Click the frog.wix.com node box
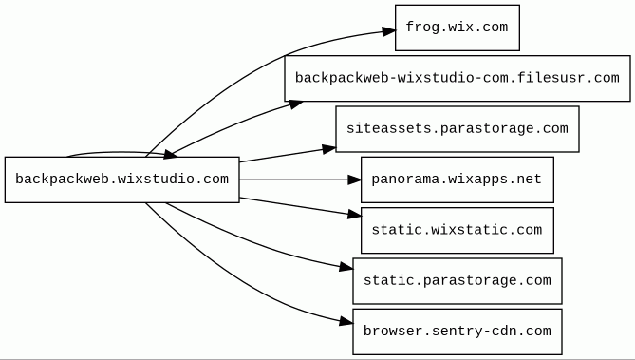(x=458, y=28)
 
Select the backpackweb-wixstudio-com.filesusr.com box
(x=458, y=78)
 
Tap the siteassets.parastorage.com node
(x=458, y=129)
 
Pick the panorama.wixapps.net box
(x=458, y=180)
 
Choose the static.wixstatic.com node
(x=458, y=230)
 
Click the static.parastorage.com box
(x=458, y=281)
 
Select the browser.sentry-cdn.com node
(x=458, y=332)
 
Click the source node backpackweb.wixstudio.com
(x=121, y=180)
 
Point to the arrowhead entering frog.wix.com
(x=388, y=31)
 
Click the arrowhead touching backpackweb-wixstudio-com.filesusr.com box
(x=295, y=104)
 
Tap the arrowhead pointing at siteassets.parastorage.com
(x=329, y=149)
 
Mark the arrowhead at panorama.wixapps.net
(x=354, y=180)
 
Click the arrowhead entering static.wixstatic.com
(x=354, y=215)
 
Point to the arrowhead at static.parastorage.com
(x=346, y=267)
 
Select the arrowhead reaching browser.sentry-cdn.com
(x=346, y=322)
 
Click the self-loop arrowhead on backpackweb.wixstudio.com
(x=170, y=154)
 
